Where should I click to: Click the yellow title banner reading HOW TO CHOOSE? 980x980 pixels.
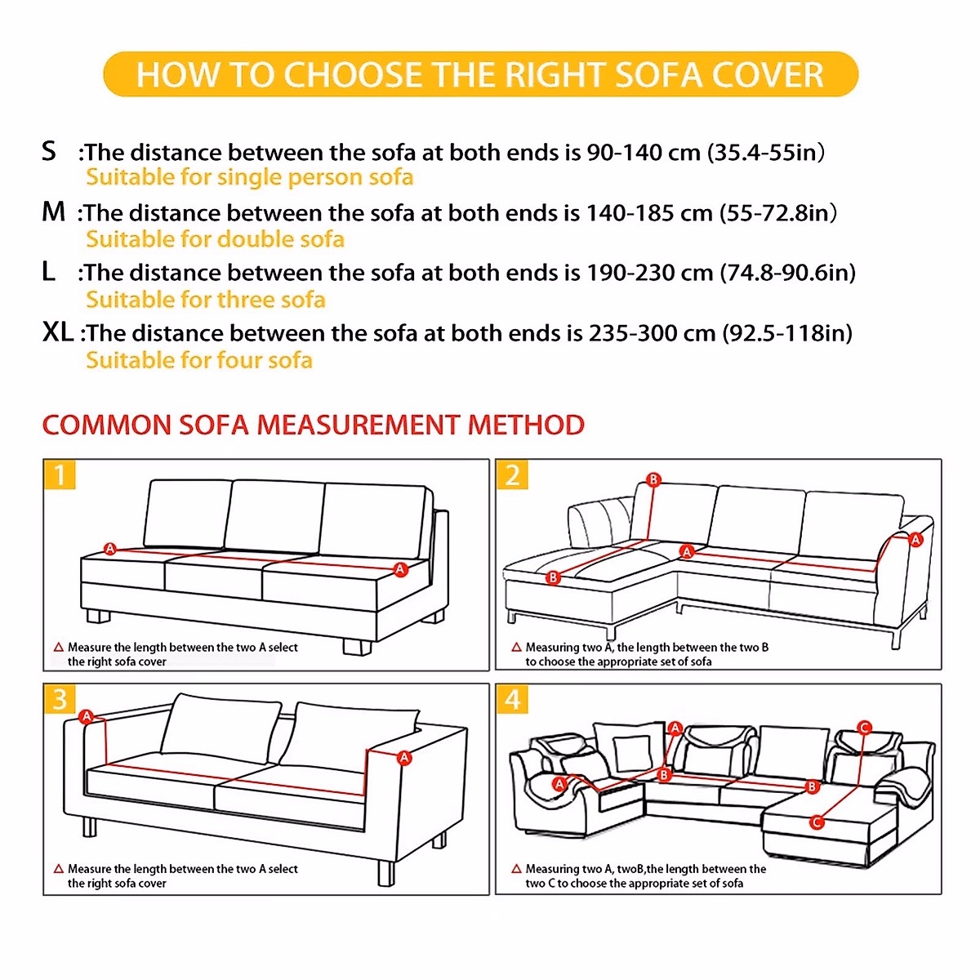click(x=480, y=74)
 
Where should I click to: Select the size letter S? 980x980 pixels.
click(x=49, y=151)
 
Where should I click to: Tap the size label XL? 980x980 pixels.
click(x=57, y=332)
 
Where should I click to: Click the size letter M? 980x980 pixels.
click(x=53, y=212)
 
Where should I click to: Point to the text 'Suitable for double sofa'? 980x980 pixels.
click(x=215, y=239)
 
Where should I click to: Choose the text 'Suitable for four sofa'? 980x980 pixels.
click(x=199, y=360)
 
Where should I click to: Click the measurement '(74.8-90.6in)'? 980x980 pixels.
click(x=787, y=273)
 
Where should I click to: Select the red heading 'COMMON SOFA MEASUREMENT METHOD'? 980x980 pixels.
click(x=313, y=425)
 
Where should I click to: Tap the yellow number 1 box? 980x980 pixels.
click(x=60, y=474)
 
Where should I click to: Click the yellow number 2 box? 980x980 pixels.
click(x=512, y=474)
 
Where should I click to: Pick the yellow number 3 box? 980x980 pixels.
click(x=60, y=699)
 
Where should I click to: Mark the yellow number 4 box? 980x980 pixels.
click(x=512, y=699)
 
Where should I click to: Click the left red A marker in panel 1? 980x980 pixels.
click(x=110, y=549)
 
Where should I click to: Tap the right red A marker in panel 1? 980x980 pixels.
click(x=400, y=569)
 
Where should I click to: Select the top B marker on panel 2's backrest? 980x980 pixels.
click(x=653, y=479)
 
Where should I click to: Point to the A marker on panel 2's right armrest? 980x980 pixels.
click(x=915, y=540)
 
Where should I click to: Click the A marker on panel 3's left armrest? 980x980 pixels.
click(x=87, y=717)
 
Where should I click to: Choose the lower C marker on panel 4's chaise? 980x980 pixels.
click(x=816, y=822)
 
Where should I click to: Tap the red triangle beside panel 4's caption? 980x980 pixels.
click(x=516, y=869)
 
